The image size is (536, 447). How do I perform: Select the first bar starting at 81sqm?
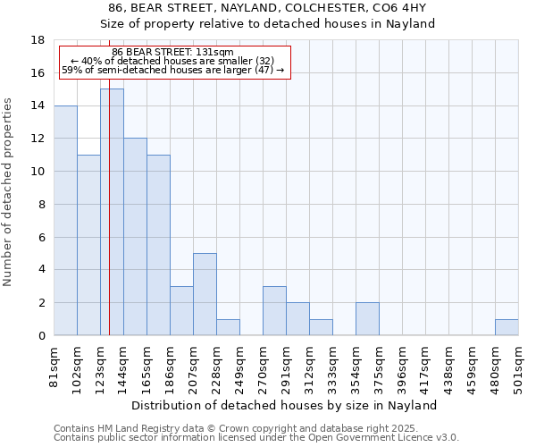pyautogui.click(x=65, y=221)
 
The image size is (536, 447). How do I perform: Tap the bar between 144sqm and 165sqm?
pyautogui.click(x=135, y=237)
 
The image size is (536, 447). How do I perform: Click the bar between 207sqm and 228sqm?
pyautogui.click(x=205, y=294)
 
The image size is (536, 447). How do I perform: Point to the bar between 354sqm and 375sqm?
pyautogui.click(x=367, y=319)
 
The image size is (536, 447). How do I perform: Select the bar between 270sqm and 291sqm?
pyautogui.click(x=274, y=311)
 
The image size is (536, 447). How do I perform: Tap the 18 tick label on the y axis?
pyautogui.click(x=38, y=40)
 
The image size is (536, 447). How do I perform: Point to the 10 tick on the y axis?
pyautogui.click(x=38, y=172)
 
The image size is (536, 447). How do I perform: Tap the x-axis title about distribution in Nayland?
pyautogui.click(x=284, y=405)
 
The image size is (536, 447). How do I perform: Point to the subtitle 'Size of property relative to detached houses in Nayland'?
pyautogui.click(x=267, y=24)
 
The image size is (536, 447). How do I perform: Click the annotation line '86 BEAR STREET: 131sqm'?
pyautogui.click(x=173, y=52)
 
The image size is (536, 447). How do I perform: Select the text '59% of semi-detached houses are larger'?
pyautogui.click(x=157, y=69)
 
